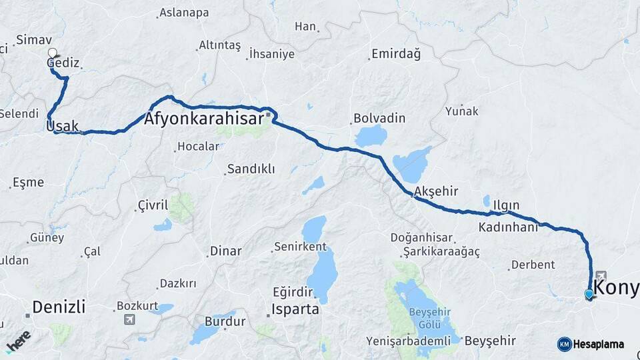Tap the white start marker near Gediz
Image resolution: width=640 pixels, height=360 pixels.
[53, 53]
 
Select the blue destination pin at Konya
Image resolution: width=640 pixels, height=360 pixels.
[589, 294]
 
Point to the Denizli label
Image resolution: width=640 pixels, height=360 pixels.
[59, 307]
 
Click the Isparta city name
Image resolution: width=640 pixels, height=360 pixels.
[295, 310]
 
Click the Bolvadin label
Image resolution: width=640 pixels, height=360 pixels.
[379, 118]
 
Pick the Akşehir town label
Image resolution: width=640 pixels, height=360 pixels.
[436, 191]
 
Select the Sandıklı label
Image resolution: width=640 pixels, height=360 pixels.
[251, 169]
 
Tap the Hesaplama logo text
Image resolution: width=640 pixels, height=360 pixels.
[599, 345]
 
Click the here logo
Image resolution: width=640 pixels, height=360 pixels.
[18, 341]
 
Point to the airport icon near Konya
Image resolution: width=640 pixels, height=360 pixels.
[601, 275]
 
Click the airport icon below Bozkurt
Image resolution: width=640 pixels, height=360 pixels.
[129, 319]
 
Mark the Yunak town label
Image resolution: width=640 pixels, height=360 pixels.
[462, 111]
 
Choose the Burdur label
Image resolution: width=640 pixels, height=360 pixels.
[225, 322]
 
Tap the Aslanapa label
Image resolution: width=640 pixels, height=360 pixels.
[183, 13]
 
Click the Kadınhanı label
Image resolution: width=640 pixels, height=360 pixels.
[508, 227]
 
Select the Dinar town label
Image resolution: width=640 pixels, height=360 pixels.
[225, 251]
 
